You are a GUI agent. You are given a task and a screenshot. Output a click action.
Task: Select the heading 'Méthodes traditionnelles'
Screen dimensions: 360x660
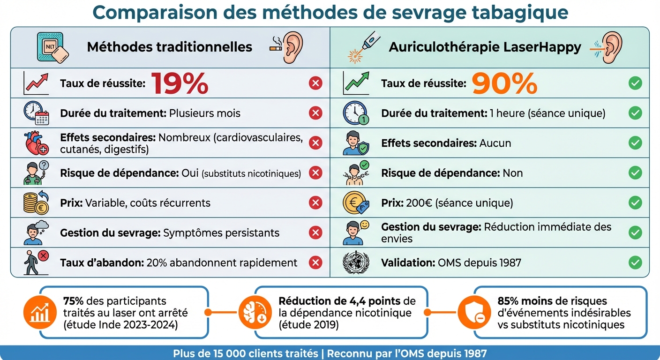170,47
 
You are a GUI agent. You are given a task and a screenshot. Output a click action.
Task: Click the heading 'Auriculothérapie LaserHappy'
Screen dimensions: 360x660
485,47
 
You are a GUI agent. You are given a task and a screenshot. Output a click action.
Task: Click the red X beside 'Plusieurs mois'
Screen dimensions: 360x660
315,113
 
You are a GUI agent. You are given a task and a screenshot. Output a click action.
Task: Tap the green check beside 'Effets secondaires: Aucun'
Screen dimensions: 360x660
635,143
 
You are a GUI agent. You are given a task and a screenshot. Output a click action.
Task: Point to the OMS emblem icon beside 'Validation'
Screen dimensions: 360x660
356,262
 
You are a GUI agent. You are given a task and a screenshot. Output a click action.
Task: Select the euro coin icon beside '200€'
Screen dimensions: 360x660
355,203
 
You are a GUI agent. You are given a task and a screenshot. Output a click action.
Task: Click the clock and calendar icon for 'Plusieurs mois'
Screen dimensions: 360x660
36,113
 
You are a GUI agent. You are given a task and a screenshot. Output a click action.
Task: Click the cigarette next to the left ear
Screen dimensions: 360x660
275,47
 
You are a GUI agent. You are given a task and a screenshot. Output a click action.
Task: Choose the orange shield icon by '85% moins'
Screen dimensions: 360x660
472,312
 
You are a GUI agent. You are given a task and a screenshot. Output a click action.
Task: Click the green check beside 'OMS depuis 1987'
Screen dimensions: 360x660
635,262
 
